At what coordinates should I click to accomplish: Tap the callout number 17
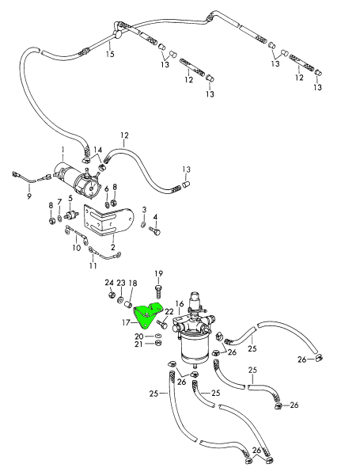124,322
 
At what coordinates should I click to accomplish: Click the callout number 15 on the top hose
110,54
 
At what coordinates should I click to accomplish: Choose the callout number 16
180,303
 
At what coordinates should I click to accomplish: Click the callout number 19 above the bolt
158,273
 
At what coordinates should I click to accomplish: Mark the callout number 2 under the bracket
113,246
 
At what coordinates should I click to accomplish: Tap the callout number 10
77,247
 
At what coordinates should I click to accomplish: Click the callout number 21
138,344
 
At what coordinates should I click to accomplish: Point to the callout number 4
155,216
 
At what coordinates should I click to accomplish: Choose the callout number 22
169,312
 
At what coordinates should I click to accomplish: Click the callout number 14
97,150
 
